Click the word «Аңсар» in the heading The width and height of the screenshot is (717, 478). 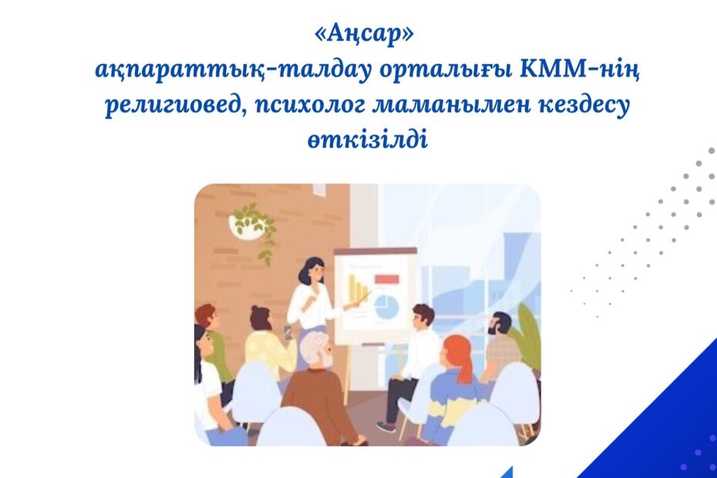[364, 35]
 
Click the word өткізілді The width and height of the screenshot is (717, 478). [368, 139]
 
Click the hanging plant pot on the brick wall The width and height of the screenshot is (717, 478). [247, 225]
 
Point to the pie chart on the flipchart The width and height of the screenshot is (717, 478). [386, 306]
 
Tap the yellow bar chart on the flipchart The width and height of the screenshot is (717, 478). [358, 286]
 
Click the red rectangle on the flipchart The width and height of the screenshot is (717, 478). [386, 278]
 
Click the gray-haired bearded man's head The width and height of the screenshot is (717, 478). [318, 350]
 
